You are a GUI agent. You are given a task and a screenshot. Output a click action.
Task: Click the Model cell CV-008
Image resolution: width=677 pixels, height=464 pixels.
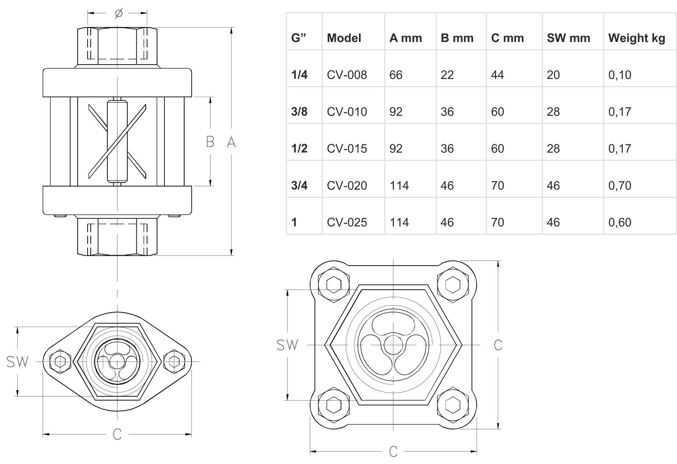pos(347,75)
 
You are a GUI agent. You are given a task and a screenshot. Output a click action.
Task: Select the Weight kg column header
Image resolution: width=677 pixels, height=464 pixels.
pos(636,38)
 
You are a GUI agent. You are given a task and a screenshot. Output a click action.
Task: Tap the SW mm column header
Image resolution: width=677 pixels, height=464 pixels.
pos(568,38)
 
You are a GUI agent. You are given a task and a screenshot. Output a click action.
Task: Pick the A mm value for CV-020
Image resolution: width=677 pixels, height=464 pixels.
pos(399,185)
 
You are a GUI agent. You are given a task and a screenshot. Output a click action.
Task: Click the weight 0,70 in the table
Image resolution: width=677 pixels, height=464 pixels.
pos(620,185)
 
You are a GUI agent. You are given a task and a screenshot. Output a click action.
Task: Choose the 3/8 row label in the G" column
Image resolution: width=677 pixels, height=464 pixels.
pos(299,112)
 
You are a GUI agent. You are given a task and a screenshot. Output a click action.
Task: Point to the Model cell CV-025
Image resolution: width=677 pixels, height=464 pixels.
pos(347,222)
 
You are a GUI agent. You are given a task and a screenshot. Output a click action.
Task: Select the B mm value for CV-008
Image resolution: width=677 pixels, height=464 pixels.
pos(447,75)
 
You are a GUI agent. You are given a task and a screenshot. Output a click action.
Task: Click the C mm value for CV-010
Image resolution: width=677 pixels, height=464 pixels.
pos(497,112)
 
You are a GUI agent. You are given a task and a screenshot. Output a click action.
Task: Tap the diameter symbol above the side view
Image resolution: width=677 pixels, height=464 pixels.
pos(119,14)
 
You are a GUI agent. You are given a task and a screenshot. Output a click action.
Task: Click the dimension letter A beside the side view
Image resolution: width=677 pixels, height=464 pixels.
pos(231,142)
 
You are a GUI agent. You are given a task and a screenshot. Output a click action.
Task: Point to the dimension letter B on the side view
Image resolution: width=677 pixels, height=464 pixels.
pos(210,142)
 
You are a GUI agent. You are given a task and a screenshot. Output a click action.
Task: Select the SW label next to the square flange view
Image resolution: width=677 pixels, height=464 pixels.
pos(287,345)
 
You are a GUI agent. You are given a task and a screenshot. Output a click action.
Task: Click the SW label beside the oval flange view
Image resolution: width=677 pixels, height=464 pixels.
pos(17,361)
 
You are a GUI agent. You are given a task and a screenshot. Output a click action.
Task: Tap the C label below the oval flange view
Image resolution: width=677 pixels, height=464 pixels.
pos(117,434)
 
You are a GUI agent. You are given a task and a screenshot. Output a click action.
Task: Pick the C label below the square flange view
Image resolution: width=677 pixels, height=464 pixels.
pos(393,451)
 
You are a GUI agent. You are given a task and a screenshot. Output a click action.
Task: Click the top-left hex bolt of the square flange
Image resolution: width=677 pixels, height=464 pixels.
pos(334,284)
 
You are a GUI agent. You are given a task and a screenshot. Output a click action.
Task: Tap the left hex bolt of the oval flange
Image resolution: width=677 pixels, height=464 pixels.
pos(60,361)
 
